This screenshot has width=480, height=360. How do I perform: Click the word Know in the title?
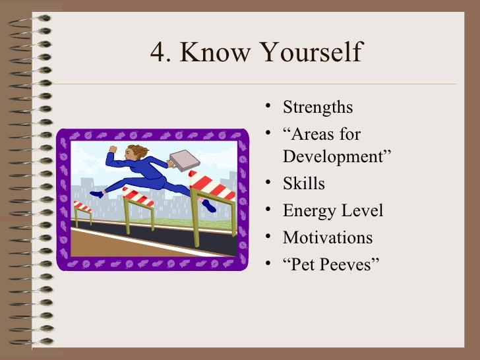pyautogui.click(x=214, y=54)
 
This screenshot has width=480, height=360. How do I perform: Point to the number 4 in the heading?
pyautogui.click(x=158, y=54)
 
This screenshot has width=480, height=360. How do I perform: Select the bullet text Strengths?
pyautogui.click(x=318, y=107)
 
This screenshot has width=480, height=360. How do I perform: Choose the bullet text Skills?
pyautogui.click(x=304, y=184)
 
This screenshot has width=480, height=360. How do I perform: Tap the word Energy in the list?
pyautogui.click(x=308, y=211)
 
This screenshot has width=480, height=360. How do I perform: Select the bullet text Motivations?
pyautogui.click(x=328, y=237)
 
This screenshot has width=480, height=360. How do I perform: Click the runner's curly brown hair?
pyautogui.click(x=135, y=153)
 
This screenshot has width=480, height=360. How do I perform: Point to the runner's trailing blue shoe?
pyautogui.click(x=97, y=195)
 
